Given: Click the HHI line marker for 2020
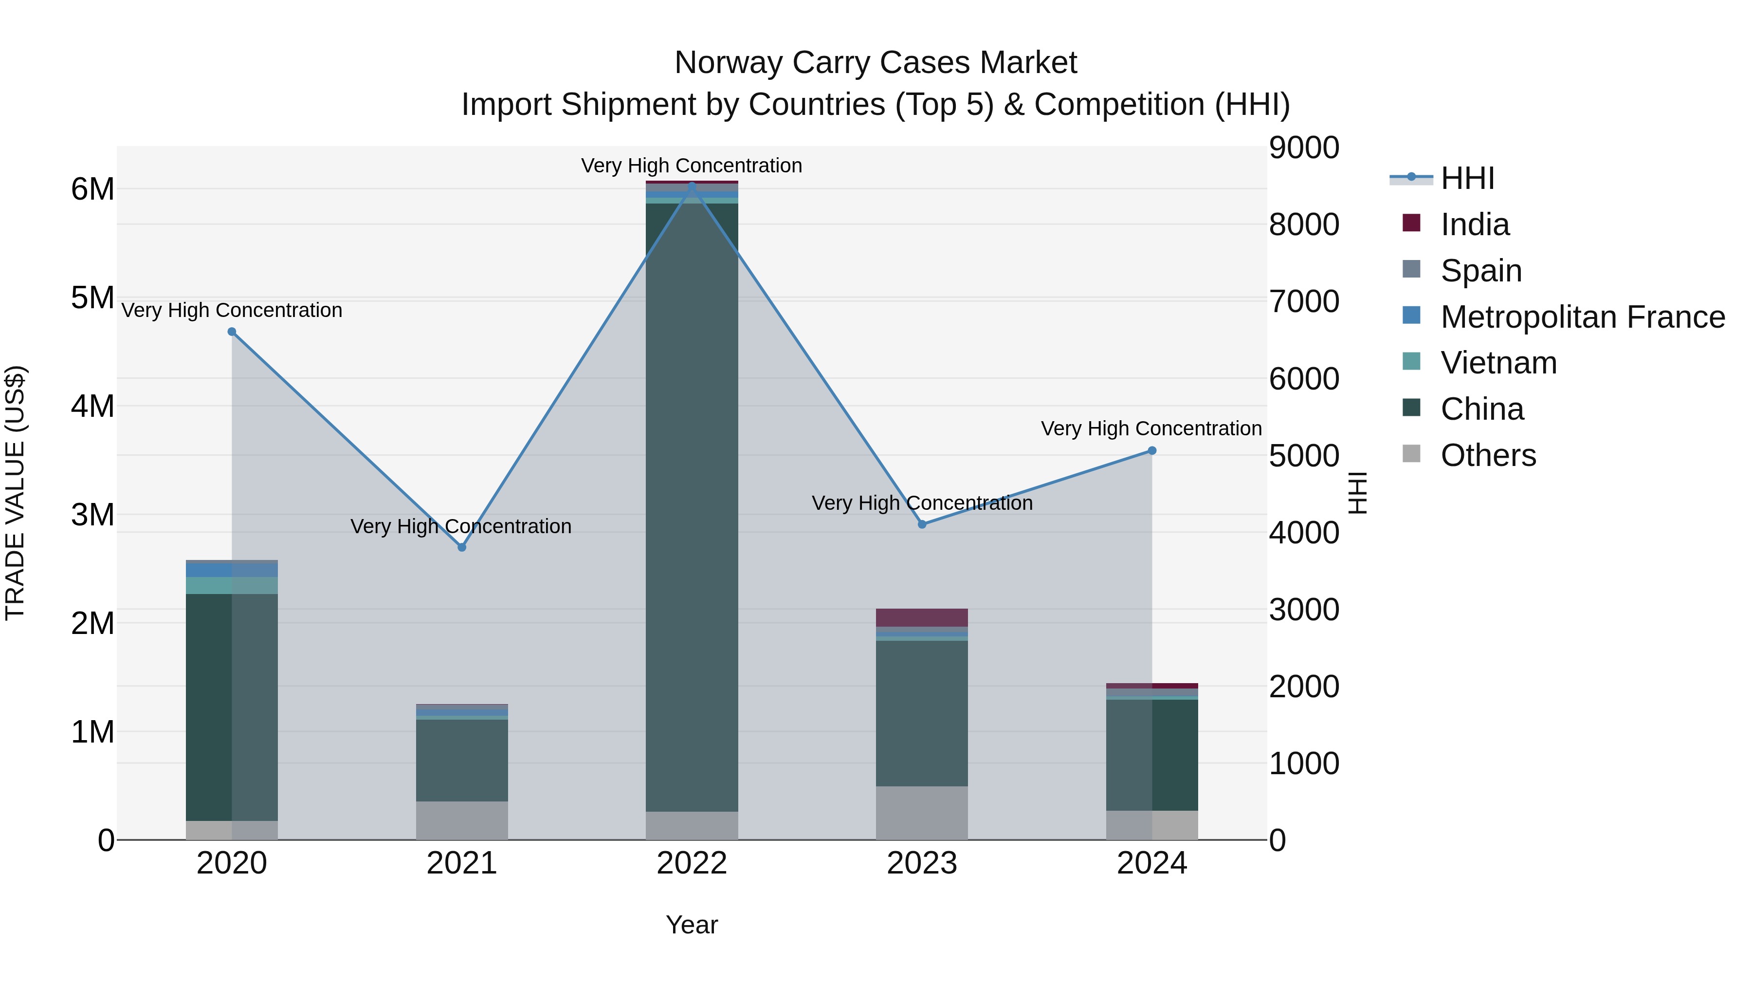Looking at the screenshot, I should pos(232,332).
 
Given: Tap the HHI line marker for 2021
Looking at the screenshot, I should pos(462,547).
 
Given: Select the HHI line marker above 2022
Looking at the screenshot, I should pos(692,186).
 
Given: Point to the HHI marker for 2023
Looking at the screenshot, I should pos(922,524).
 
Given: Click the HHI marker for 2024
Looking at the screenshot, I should pos(1152,450).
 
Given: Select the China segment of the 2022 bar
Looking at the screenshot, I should pos(692,503).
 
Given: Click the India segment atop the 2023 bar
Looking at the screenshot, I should pos(922,617).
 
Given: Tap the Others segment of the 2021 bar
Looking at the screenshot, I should pos(462,820).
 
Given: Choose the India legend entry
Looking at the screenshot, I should pos(1475,224).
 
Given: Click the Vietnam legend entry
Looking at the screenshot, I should pos(1498,363).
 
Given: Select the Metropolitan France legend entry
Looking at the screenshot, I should pos(1582,317).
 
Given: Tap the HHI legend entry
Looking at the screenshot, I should pos(1467,178).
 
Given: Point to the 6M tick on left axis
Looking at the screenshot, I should pos(92,189).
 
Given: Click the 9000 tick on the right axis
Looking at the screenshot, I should pos(1304,148).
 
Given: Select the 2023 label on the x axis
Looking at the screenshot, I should pos(922,863).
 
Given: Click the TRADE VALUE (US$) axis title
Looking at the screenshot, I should pos(15,493).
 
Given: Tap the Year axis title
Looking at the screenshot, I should pos(692,925).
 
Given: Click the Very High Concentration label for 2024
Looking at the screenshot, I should pos(1151,428).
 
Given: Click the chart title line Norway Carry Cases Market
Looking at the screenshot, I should pos(876,63).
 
